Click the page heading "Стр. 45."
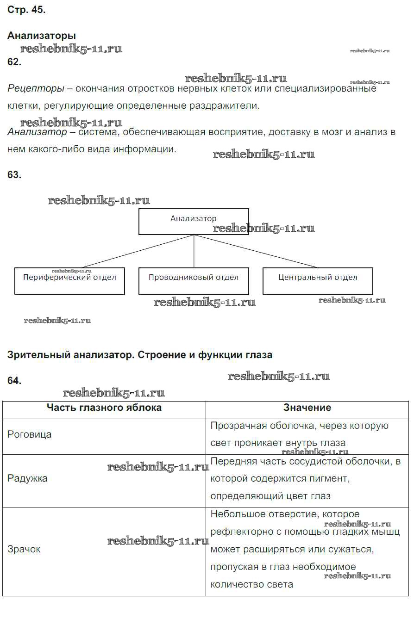pos(26,11)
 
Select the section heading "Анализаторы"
pos(42,36)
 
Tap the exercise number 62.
pos(14,62)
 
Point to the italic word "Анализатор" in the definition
pos(37,132)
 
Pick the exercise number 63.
pos(14,175)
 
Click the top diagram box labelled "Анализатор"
pos(194,222)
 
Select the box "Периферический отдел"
pos(69,281)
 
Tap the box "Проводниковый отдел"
pos(194,281)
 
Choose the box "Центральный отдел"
pos(318,281)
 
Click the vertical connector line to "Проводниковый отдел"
pos(194,251)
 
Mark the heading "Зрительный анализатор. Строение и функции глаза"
pos(140,355)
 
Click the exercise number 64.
pos(14,381)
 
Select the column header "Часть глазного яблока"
pos(104,408)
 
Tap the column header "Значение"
pos(307,408)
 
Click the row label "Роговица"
pos(30,434)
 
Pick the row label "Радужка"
pos(27,478)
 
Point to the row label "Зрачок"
pos(24,549)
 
